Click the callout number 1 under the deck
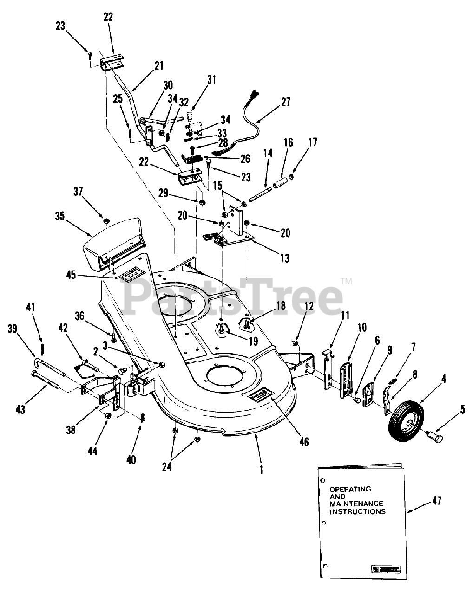click(x=262, y=470)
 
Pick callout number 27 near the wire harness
click(x=285, y=102)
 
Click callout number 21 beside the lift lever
click(x=159, y=66)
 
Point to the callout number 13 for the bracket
click(x=284, y=258)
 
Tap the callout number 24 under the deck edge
click(x=167, y=467)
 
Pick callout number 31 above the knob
click(x=211, y=79)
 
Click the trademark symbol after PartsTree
click(x=347, y=281)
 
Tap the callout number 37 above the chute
click(x=79, y=192)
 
